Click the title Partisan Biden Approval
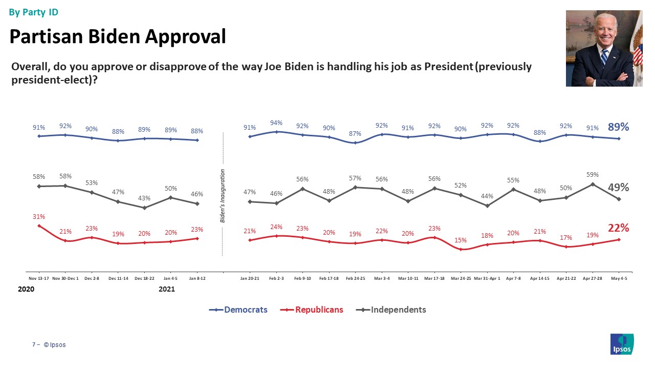tap(118, 36)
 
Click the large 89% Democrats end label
tap(619, 127)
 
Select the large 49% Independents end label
tap(619, 188)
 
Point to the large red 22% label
tap(619, 228)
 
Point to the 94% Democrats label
tap(276, 122)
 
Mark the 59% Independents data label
tap(593, 175)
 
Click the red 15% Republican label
tap(461, 240)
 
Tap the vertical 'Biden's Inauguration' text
tap(223, 195)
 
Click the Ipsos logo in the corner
tap(622, 344)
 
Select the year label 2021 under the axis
tap(167, 289)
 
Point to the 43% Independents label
tap(144, 198)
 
